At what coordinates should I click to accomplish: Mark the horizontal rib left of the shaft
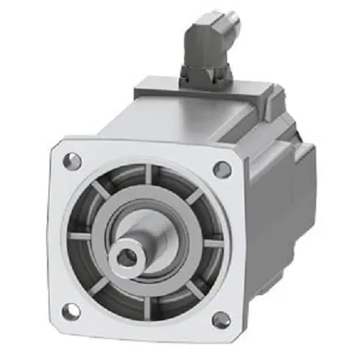pyautogui.click(x=82, y=237)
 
